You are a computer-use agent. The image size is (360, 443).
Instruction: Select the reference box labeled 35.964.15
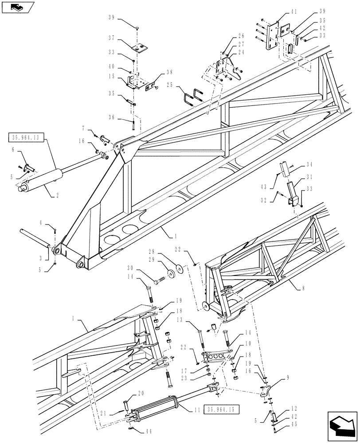(x=221, y=409)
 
